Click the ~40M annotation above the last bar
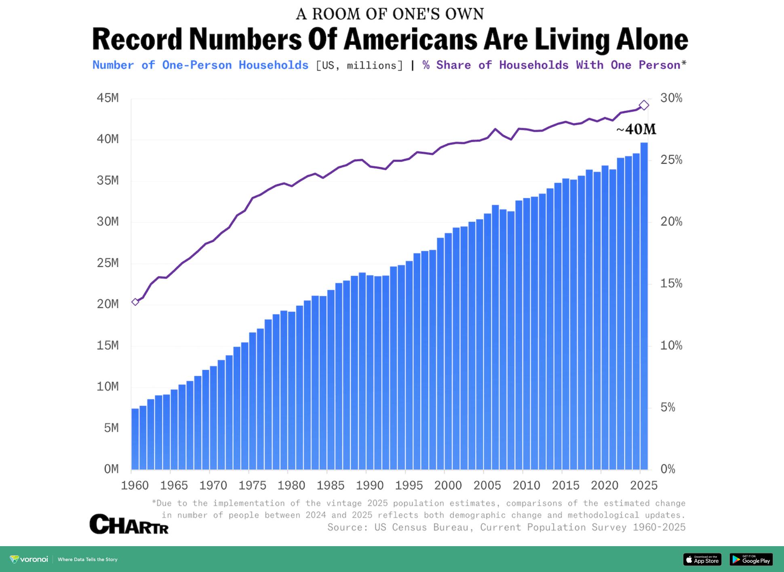click(x=636, y=129)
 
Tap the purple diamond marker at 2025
click(x=644, y=105)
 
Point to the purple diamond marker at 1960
click(x=135, y=302)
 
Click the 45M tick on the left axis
click(x=107, y=98)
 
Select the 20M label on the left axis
click(x=107, y=304)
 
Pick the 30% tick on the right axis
click(x=671, y=98)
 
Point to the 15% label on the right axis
click(x=671, y=284)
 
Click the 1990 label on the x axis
click(x=370, y=485)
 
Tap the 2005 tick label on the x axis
click(x=487, y=485)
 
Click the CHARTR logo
click(x=129, y=524)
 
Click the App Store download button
click(x=702, y=559)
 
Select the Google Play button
click(x=751, y=559)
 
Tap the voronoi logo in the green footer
click(x=29, y=559)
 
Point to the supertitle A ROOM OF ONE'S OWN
click(x=390, y=14)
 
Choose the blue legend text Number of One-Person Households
click(x=200, y=65)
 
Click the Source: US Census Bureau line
click(x=506, y=527)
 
